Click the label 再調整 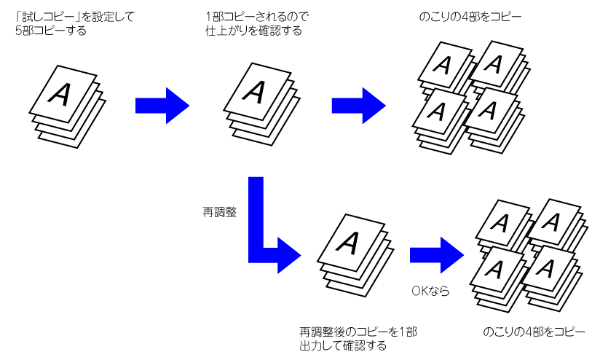tap(219, 213)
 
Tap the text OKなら tap(430, 291)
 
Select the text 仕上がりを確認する tap(253, 30)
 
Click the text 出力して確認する tap(342, 345)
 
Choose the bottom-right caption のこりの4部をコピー tap(534, 332)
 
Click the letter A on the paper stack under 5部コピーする tap(63, 94)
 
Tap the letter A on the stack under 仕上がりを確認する tap(255, 90)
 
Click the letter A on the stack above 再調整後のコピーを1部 tap(350, 240)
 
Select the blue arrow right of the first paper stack tap(162, 105)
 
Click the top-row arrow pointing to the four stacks tap(359, 105)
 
